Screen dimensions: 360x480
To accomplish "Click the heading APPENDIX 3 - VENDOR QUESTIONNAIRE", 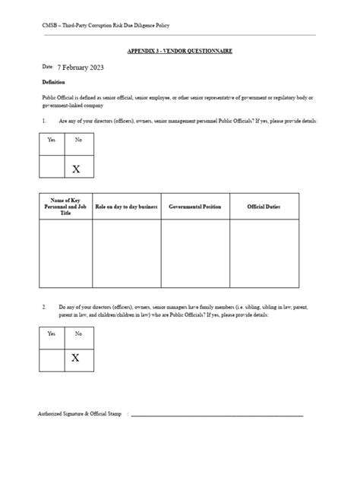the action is pyautogui.click(x=179, y=51).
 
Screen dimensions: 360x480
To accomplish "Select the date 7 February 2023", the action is pyautogui.click(x=80, y=68).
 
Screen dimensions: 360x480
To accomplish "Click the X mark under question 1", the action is pyautogui.click(x=76, y=169).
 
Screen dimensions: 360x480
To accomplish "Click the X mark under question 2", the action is pyautogui.click(x=76, y=358).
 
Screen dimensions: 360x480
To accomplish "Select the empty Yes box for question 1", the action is pyautogui.click(x=51, y=166).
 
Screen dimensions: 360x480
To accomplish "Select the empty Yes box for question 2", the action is pyautogui.click(x=51, y=358).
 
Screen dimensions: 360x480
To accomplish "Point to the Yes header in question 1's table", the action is pyautogui.click(x=51, y=141).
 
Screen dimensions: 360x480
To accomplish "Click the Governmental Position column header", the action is pyautogui.click(x=195, y=206).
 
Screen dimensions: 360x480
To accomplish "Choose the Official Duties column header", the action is pyautogui.click(x=264, y=206).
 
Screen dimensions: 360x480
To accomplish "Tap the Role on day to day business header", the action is pyautogui.click(x=126, y=206).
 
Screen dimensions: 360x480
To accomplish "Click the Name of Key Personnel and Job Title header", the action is pyautogui.click(x=65, y=206).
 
